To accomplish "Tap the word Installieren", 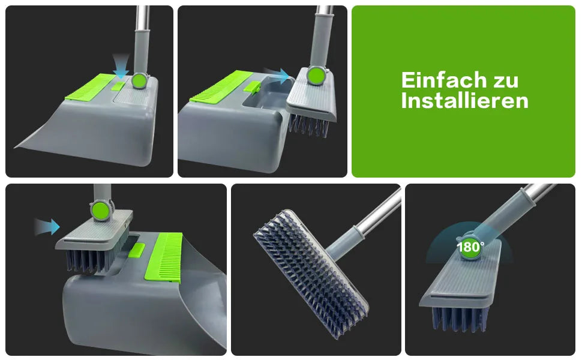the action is point(464,101).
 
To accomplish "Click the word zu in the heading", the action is point(505,81).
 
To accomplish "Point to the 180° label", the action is point(470,247).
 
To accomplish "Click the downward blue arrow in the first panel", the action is point(121,66).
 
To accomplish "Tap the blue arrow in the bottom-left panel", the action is point(47,227).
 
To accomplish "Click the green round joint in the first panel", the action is point(139,80).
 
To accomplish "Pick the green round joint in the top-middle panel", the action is point(316,76).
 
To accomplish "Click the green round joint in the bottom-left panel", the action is point(101,210).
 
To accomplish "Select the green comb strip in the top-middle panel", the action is point(221,86).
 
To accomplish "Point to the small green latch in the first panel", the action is point(118,86).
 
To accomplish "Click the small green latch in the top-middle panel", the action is point(251,88).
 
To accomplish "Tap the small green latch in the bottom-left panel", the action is point(137,250).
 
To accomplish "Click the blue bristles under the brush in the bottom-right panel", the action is point(459,319).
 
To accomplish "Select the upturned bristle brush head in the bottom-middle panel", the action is point(311,274).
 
